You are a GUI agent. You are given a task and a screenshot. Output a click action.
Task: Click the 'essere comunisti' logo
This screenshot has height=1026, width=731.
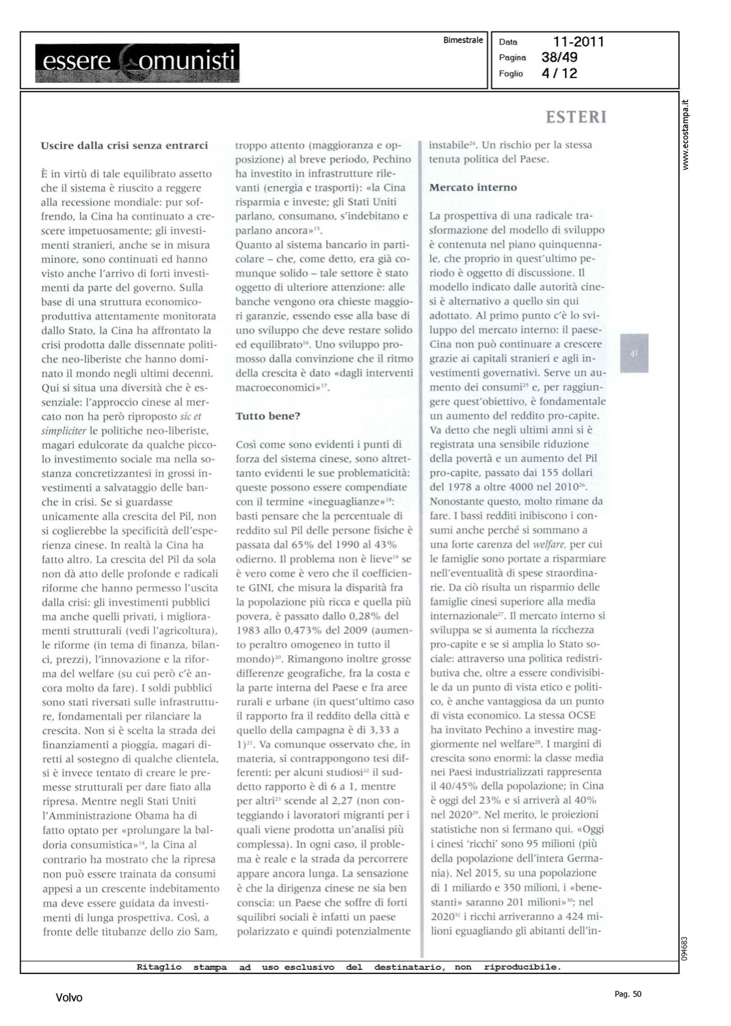click(137, 61)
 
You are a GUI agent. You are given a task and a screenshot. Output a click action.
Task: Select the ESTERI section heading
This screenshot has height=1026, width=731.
click(576, 118)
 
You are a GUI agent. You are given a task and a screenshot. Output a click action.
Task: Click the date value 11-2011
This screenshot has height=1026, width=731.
click(579, 42)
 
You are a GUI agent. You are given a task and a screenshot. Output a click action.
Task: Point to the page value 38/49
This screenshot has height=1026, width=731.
click(559, 57)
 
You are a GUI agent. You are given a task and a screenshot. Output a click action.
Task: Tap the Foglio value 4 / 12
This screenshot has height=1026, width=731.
click(559, 73)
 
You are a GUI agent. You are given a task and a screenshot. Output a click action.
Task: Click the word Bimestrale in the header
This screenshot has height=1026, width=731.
click(463, 40)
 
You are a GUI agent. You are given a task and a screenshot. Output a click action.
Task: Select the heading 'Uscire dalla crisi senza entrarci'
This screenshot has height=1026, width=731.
click(124, 145)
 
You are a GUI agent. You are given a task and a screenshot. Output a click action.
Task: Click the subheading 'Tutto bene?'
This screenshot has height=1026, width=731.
click(268, 416)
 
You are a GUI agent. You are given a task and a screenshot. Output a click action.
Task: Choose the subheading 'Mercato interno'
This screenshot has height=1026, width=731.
click(473, 187)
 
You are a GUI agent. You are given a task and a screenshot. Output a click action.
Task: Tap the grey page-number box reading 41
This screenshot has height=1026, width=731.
click(634, 354)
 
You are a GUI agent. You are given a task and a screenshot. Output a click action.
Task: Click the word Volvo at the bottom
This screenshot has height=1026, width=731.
click(69, 998)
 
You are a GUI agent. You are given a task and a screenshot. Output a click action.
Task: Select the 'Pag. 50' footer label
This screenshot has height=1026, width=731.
click(628, 994)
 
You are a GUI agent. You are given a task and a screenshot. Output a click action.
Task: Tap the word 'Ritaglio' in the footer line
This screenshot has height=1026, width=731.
click(159, 967)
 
